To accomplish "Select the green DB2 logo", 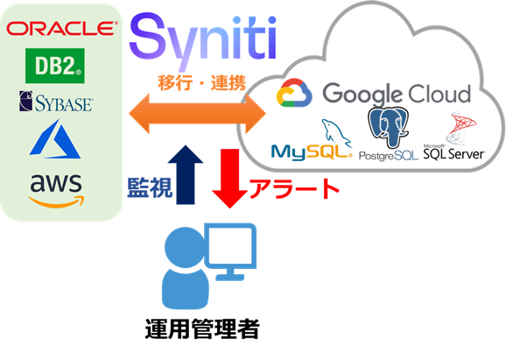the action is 55,66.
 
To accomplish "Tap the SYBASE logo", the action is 56,102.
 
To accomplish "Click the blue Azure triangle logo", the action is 55,139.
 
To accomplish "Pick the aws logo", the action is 57,190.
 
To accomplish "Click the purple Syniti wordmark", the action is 202,40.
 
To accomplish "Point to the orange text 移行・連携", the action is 202,82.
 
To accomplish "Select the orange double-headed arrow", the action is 197,113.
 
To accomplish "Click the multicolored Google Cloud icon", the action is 294,93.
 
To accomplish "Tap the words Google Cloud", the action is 397,94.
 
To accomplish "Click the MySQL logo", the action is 312,140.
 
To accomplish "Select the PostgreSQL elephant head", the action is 388,127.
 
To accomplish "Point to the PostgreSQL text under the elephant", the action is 389,156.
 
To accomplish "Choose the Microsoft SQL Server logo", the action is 454,136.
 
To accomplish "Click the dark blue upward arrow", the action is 186,175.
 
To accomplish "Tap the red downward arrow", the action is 229,178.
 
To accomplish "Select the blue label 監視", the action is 150,187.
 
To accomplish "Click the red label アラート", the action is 294,188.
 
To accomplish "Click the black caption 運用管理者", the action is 202,329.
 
